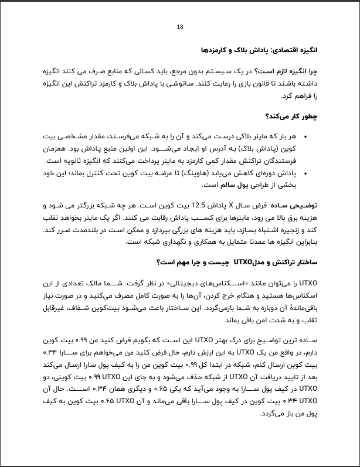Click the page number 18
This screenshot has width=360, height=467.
[x=180, y=27]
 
